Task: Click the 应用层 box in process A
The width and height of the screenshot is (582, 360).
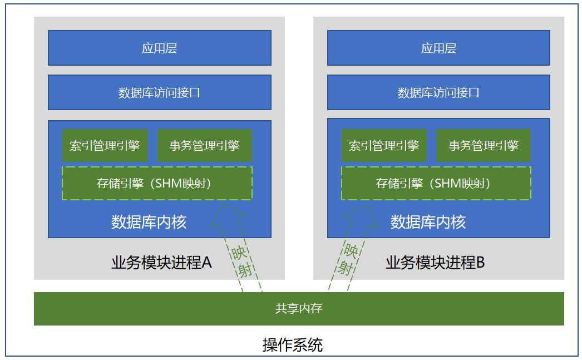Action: click(x=159, y=48)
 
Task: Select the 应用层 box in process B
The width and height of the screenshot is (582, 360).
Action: click(x=438, y=48)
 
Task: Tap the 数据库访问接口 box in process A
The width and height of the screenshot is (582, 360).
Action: click(x=159, y=92)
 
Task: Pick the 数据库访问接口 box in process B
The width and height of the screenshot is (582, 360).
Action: click(x=438, y=92)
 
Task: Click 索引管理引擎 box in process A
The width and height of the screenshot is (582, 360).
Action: click(x=105, y=146)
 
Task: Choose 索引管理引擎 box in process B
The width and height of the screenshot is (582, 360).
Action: click(x=384, y=146)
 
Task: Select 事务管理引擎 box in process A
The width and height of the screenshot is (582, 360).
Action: click(x=205, y=146)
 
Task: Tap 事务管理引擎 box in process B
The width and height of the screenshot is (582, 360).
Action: click(x=483, y=146)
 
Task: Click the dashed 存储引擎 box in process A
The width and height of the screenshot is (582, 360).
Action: click(x=157, y=183)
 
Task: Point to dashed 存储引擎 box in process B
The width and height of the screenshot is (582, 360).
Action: click(x=436, y=183)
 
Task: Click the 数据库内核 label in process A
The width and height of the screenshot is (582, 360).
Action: click(x=149, y=222)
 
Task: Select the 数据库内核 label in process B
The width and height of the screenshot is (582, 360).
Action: click(x=428, y=222)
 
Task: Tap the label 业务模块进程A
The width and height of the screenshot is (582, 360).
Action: click(x=161, y=262)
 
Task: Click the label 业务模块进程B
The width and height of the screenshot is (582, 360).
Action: click(x=435, y=262)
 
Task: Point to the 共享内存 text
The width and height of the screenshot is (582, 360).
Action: click(x=299, y=309)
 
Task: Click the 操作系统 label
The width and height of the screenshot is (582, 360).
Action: click(x=292, y=345)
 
